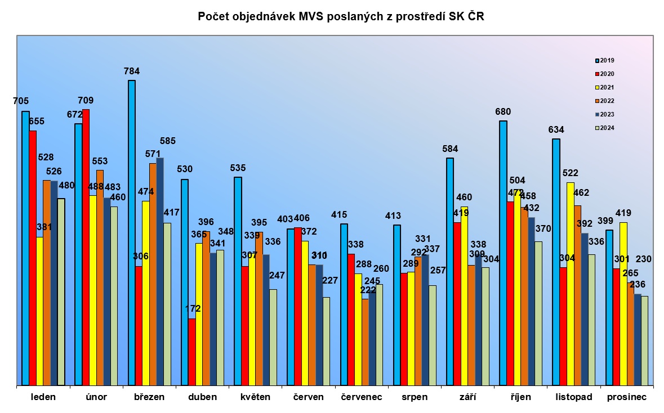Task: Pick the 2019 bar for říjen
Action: (x=503, y=253)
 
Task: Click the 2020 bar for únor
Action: (x=86, y=247)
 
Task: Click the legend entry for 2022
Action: (x=606, y=101)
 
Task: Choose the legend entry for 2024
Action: (x=606, y=128)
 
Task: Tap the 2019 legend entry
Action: (x=606, y=60)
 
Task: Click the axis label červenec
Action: (x=362, y=397)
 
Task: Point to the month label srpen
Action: (x=414, y=397)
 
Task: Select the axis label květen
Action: (x=255, y=397)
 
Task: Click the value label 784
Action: (x=131, y=71)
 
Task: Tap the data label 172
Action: (x=192, y=309)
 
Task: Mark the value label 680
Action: (x=503, y=112)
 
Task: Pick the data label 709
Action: (x=86, y=101)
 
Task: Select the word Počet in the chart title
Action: (x=211, y=17)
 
